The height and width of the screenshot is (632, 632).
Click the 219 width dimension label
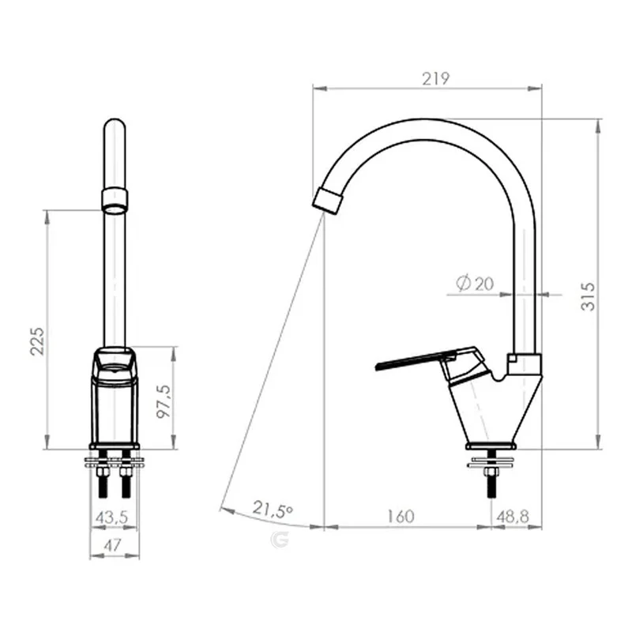tap(436, 78)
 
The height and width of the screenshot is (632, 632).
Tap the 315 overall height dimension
tap(588, 297)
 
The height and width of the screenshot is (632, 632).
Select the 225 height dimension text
tap(37, 341)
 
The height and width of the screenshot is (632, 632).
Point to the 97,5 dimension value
tap(164, 401)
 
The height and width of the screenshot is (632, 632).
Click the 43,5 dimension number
tap(111, 517)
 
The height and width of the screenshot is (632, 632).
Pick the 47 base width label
tap(112, 545)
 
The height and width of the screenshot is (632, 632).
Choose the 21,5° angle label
tap(273, 509)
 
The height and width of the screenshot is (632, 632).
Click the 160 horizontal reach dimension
tap(401, 517)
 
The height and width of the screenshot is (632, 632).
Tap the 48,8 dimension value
tap(513, 517)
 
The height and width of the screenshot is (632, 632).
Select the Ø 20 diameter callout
tap(475, 284)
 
